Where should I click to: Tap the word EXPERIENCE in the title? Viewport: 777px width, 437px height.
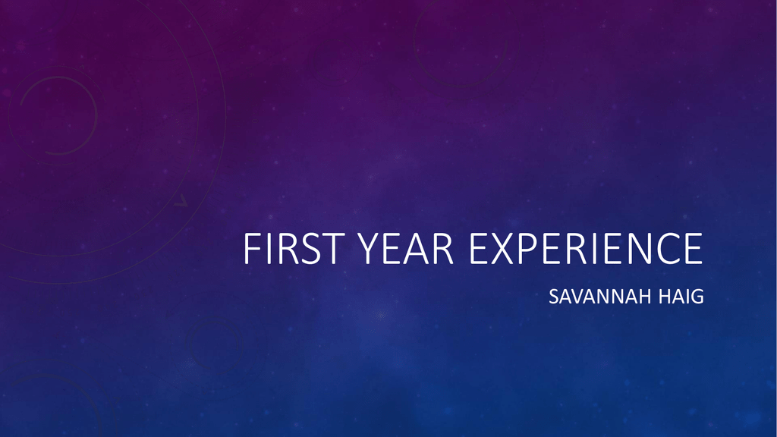(586, 248)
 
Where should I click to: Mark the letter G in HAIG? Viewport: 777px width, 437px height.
(697, 297)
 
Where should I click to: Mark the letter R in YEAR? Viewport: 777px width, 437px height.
(442, 248)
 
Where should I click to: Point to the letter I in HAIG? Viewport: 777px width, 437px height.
(685, 297)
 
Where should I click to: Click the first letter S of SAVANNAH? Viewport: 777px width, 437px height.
(554, 297)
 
